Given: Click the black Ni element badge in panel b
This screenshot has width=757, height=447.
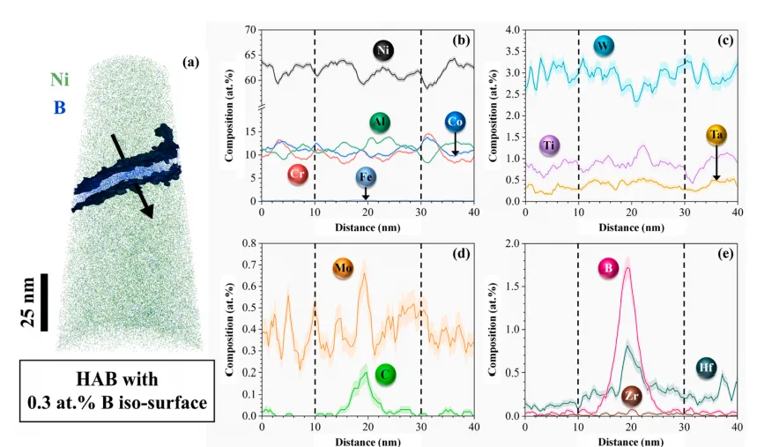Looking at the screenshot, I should [x=382, y=49].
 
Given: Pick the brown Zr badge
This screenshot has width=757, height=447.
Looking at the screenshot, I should [x=631, y=394].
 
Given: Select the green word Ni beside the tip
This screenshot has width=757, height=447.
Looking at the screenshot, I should [x=60, y=80].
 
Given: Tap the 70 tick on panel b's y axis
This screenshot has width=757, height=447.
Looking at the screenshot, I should [x=249, y=30].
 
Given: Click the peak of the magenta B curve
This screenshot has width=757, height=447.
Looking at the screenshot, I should [x=627, y=268].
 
